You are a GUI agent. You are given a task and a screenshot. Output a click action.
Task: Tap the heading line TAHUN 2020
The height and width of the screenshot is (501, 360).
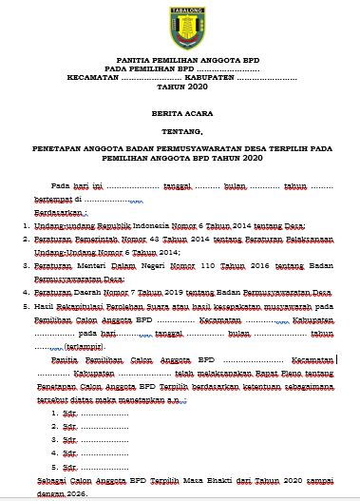(181, 86)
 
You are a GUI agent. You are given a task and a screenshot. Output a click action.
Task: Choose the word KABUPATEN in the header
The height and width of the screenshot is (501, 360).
(210, 77)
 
